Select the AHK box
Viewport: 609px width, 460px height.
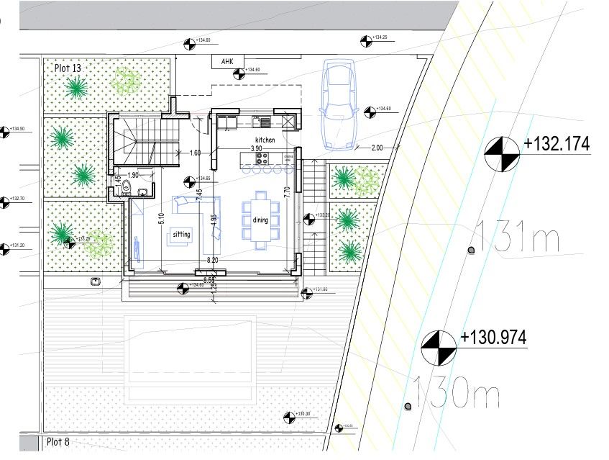click(x=228, y=62)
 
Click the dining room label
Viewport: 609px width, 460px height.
click(x=260, y=220)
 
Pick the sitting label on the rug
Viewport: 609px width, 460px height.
click(x=182, y=235)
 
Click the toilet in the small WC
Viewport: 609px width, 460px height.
click(x=127, y=188)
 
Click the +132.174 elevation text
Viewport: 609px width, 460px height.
click(x=557, y=143)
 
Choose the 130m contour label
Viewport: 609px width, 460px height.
click(x=457, y=392)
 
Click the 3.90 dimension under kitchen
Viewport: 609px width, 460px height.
click(x=255, y=148)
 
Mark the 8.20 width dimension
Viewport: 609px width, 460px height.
click(x=213, y=259)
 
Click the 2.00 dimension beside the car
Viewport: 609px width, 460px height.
click(x=377, y=147)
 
